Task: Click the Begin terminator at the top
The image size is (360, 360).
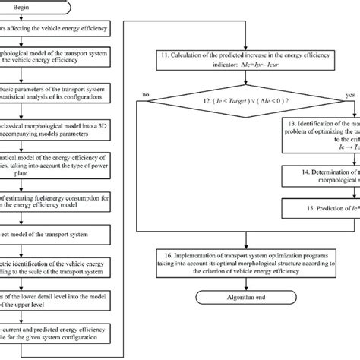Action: [70, 8]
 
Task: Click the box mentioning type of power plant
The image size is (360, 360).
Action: [57, 172]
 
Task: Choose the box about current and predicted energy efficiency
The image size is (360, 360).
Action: [57, 336]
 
